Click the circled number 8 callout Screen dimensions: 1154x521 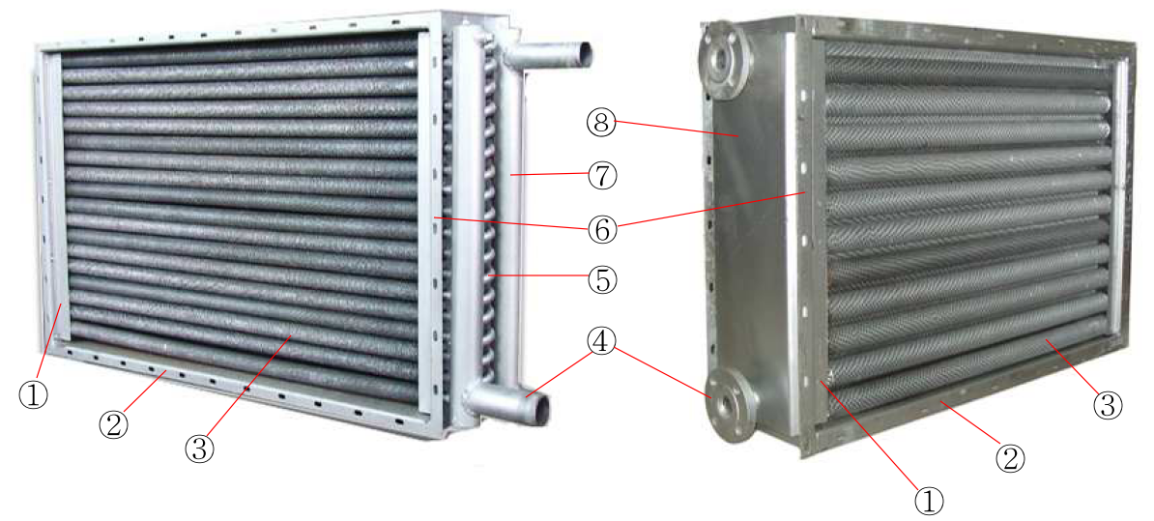click(602, 123)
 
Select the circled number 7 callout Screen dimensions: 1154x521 click(602, 176)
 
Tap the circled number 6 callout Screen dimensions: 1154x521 click(602, 229)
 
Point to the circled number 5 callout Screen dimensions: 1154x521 click(602, 280)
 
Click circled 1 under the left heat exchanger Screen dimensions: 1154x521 click(33, 395)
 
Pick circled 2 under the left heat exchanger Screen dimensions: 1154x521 click(114, 424)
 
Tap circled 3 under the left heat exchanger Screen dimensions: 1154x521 click(199, 449)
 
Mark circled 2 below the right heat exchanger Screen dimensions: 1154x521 click(1010, 458)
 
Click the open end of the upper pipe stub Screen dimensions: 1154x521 click(582, 52)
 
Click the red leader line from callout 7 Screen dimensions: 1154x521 click(549, 174)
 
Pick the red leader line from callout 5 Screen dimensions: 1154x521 click(538, 276)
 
